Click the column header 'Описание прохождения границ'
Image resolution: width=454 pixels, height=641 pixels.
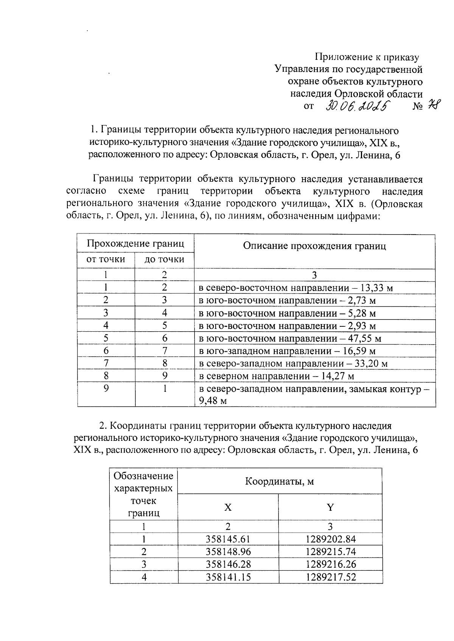pos(314,246)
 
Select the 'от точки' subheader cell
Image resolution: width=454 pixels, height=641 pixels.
pos(106,259)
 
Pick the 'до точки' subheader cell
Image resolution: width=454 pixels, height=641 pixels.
pos(164,259)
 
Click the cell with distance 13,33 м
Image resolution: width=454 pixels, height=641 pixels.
pos(296,288)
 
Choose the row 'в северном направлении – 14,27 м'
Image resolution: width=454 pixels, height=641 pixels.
pos(277,376)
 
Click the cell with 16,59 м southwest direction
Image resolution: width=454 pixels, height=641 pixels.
pos(287,351)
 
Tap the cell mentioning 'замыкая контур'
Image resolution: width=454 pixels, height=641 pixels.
pos(314,394)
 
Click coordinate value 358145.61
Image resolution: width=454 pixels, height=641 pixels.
pos(228,539)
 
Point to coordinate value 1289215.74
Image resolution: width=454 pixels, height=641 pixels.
pos(331,551)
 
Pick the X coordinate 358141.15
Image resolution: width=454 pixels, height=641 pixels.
pos(228,577)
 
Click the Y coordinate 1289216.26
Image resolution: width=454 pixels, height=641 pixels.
pos(331,564)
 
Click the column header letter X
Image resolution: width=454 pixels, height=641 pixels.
pos(228,507)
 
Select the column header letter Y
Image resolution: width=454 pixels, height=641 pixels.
pos(330,507)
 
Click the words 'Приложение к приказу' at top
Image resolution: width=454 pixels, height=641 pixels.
pos(367,57)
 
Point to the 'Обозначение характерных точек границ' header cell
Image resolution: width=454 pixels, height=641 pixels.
pos(144,494)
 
